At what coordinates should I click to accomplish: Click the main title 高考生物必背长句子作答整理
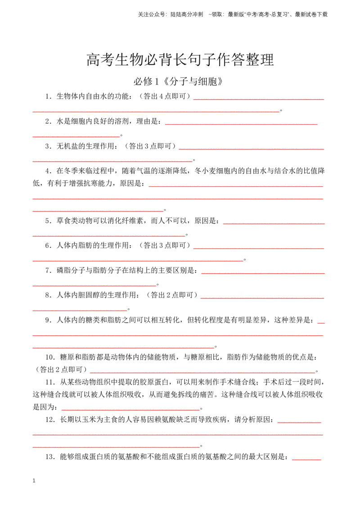[x=180, y=60]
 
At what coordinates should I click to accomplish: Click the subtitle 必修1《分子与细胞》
[x=178, y=81]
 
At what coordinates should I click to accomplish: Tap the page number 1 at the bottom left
[x=34, y=480]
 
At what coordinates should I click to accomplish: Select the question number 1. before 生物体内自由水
[x=49, y=96]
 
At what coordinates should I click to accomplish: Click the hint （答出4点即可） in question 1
[x=165, y=96]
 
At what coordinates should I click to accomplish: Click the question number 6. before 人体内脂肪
[x=49, y=246]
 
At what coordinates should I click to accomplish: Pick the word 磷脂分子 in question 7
[x=71, y=270]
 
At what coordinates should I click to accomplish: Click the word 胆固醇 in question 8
[x=89, y=295]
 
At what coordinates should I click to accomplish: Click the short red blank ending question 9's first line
[x=321, y=323]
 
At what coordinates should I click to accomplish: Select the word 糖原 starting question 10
[x=67, y=357]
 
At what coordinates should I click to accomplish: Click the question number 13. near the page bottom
[x=50, y=457]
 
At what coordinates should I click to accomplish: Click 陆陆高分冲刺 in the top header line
[x=187, y=14]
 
